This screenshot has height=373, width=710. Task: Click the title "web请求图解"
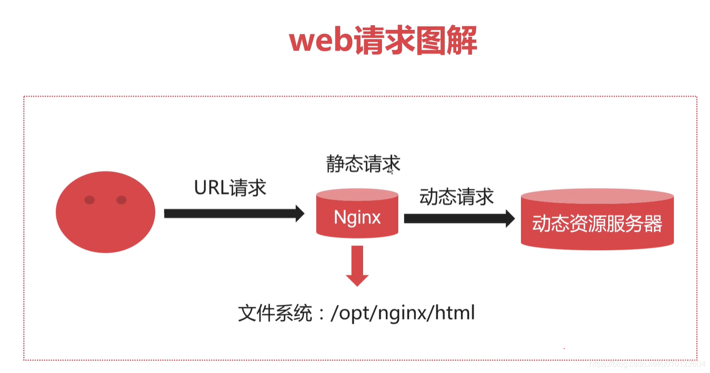(x=383, y=41)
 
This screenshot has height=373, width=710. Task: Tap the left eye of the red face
(x=89, y=200)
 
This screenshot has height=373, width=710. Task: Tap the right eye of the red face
(x=121, y=200)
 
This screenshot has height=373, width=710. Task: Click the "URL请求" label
(x=230, y=188)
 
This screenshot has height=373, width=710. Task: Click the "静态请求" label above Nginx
(x=363, y=164)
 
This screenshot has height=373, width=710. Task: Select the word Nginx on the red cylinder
(x=357, y=217)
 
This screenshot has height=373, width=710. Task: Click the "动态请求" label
(x=456, y=197)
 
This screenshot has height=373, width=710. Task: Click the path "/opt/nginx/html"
(x=402, y=313)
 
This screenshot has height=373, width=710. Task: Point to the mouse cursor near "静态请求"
(x=391, y=170)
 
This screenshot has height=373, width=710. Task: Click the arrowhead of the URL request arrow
(x=299, y=213)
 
